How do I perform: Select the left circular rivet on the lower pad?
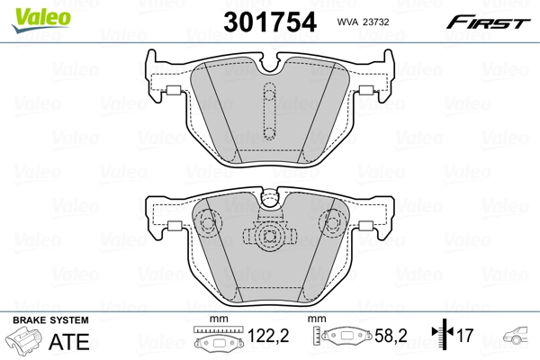click(x=209, y=220)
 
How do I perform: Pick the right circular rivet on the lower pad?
click(x=330, y=220)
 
